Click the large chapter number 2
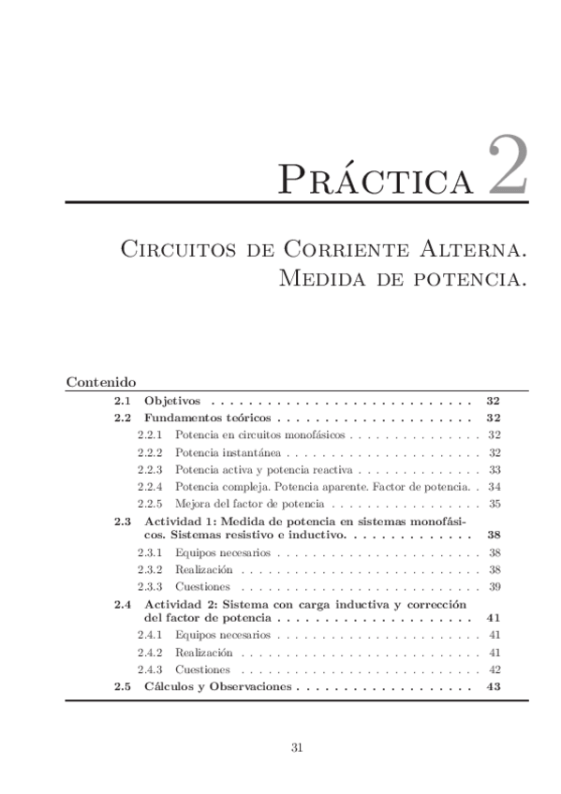click(x=508, y=167)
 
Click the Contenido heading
click(x=102, y=382)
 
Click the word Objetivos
click(x=171, y=401)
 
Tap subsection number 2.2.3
click(x=150, y=469)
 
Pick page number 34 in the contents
click(x=495, y=486)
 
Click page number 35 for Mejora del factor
click(x=495, y=504)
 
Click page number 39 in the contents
click(x=495, y=586)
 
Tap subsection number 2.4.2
click(x=150, y=652)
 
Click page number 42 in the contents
click(x=495, y=669)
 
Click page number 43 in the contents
click(x=495, y=686)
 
